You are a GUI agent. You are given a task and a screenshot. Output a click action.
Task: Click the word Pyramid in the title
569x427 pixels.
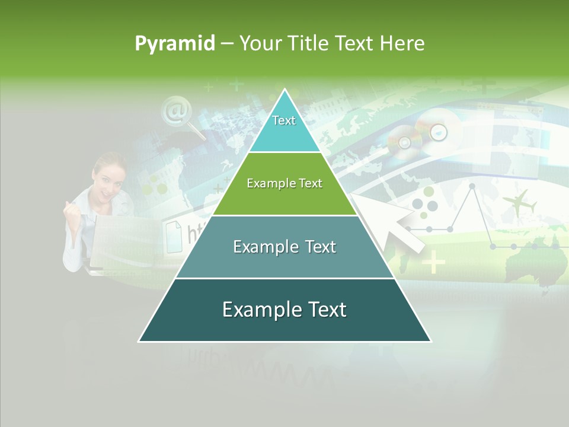(x=175, y=44)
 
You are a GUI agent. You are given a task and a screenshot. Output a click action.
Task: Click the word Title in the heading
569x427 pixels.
(x=309, y=44)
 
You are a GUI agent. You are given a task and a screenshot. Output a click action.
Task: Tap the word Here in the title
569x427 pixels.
(x=402, y=44)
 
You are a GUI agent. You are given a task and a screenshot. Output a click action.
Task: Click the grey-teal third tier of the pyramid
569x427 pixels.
(x=284, y=247)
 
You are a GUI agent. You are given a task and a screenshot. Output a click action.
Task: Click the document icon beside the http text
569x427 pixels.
(x=174, y=235)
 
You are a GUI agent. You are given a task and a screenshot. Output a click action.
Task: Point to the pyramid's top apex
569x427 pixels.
(x=284, y=90)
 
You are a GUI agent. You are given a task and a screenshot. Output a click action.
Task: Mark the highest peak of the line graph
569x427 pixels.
(x=472, y=186)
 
